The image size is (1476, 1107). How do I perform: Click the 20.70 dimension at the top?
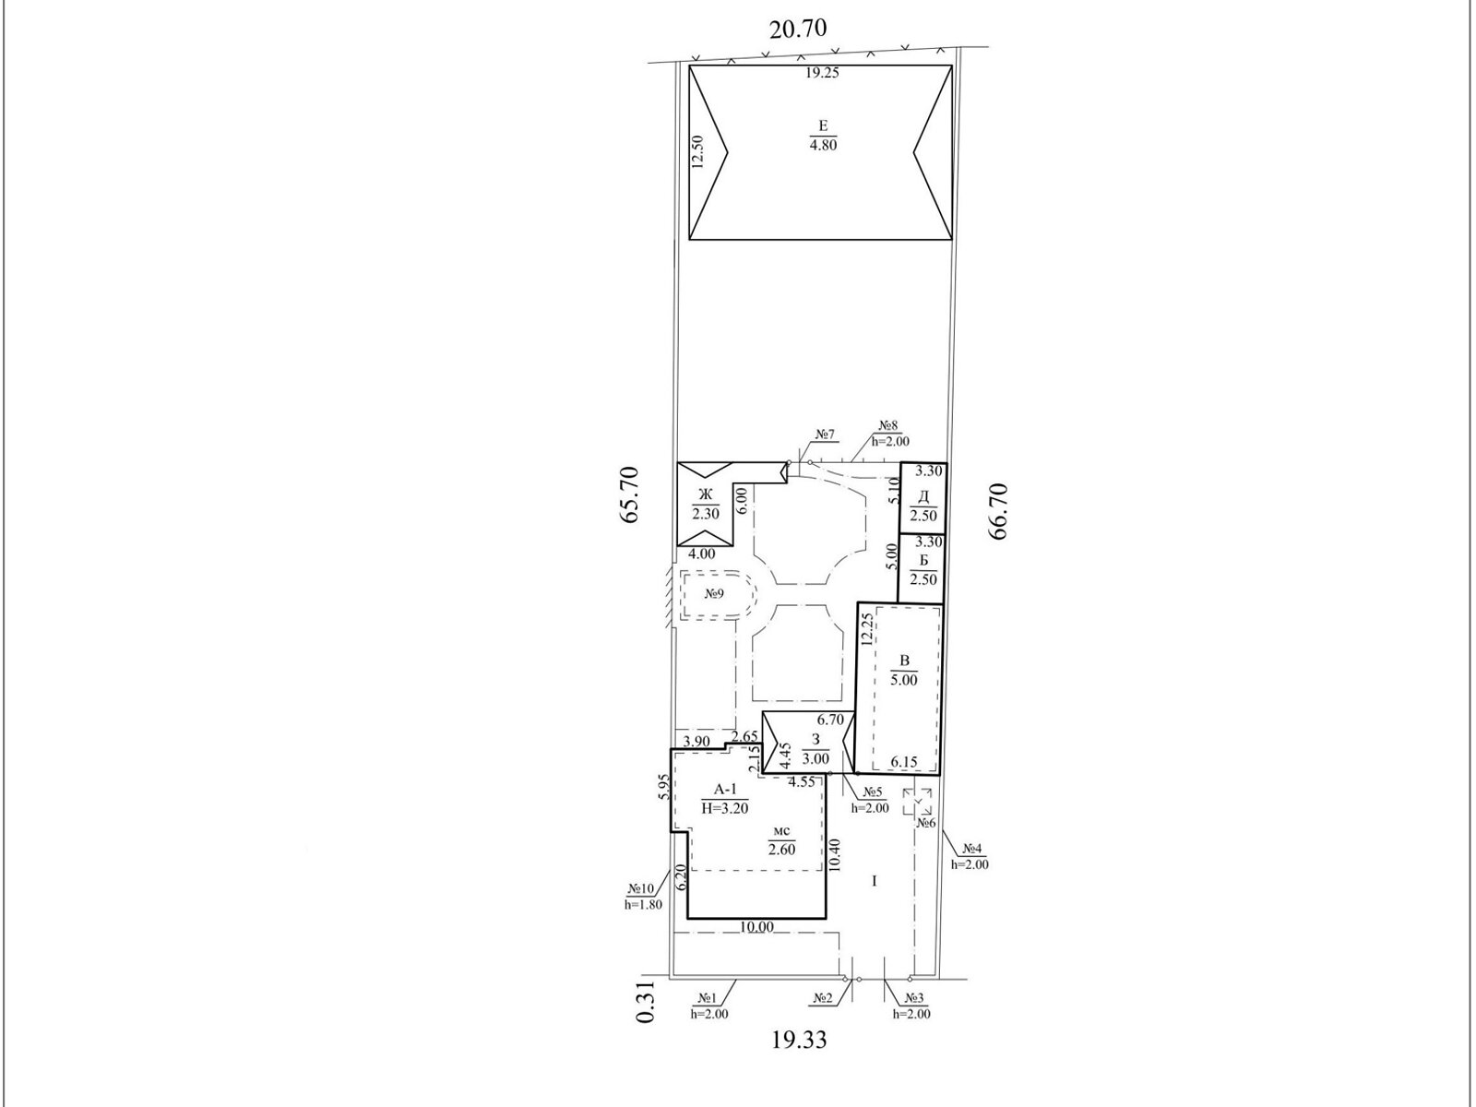[798, 29]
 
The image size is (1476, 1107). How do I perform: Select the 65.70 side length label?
[630, 495]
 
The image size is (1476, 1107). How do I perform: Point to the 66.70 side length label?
[997, 511]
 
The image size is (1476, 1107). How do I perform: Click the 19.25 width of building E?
[822, 73]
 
